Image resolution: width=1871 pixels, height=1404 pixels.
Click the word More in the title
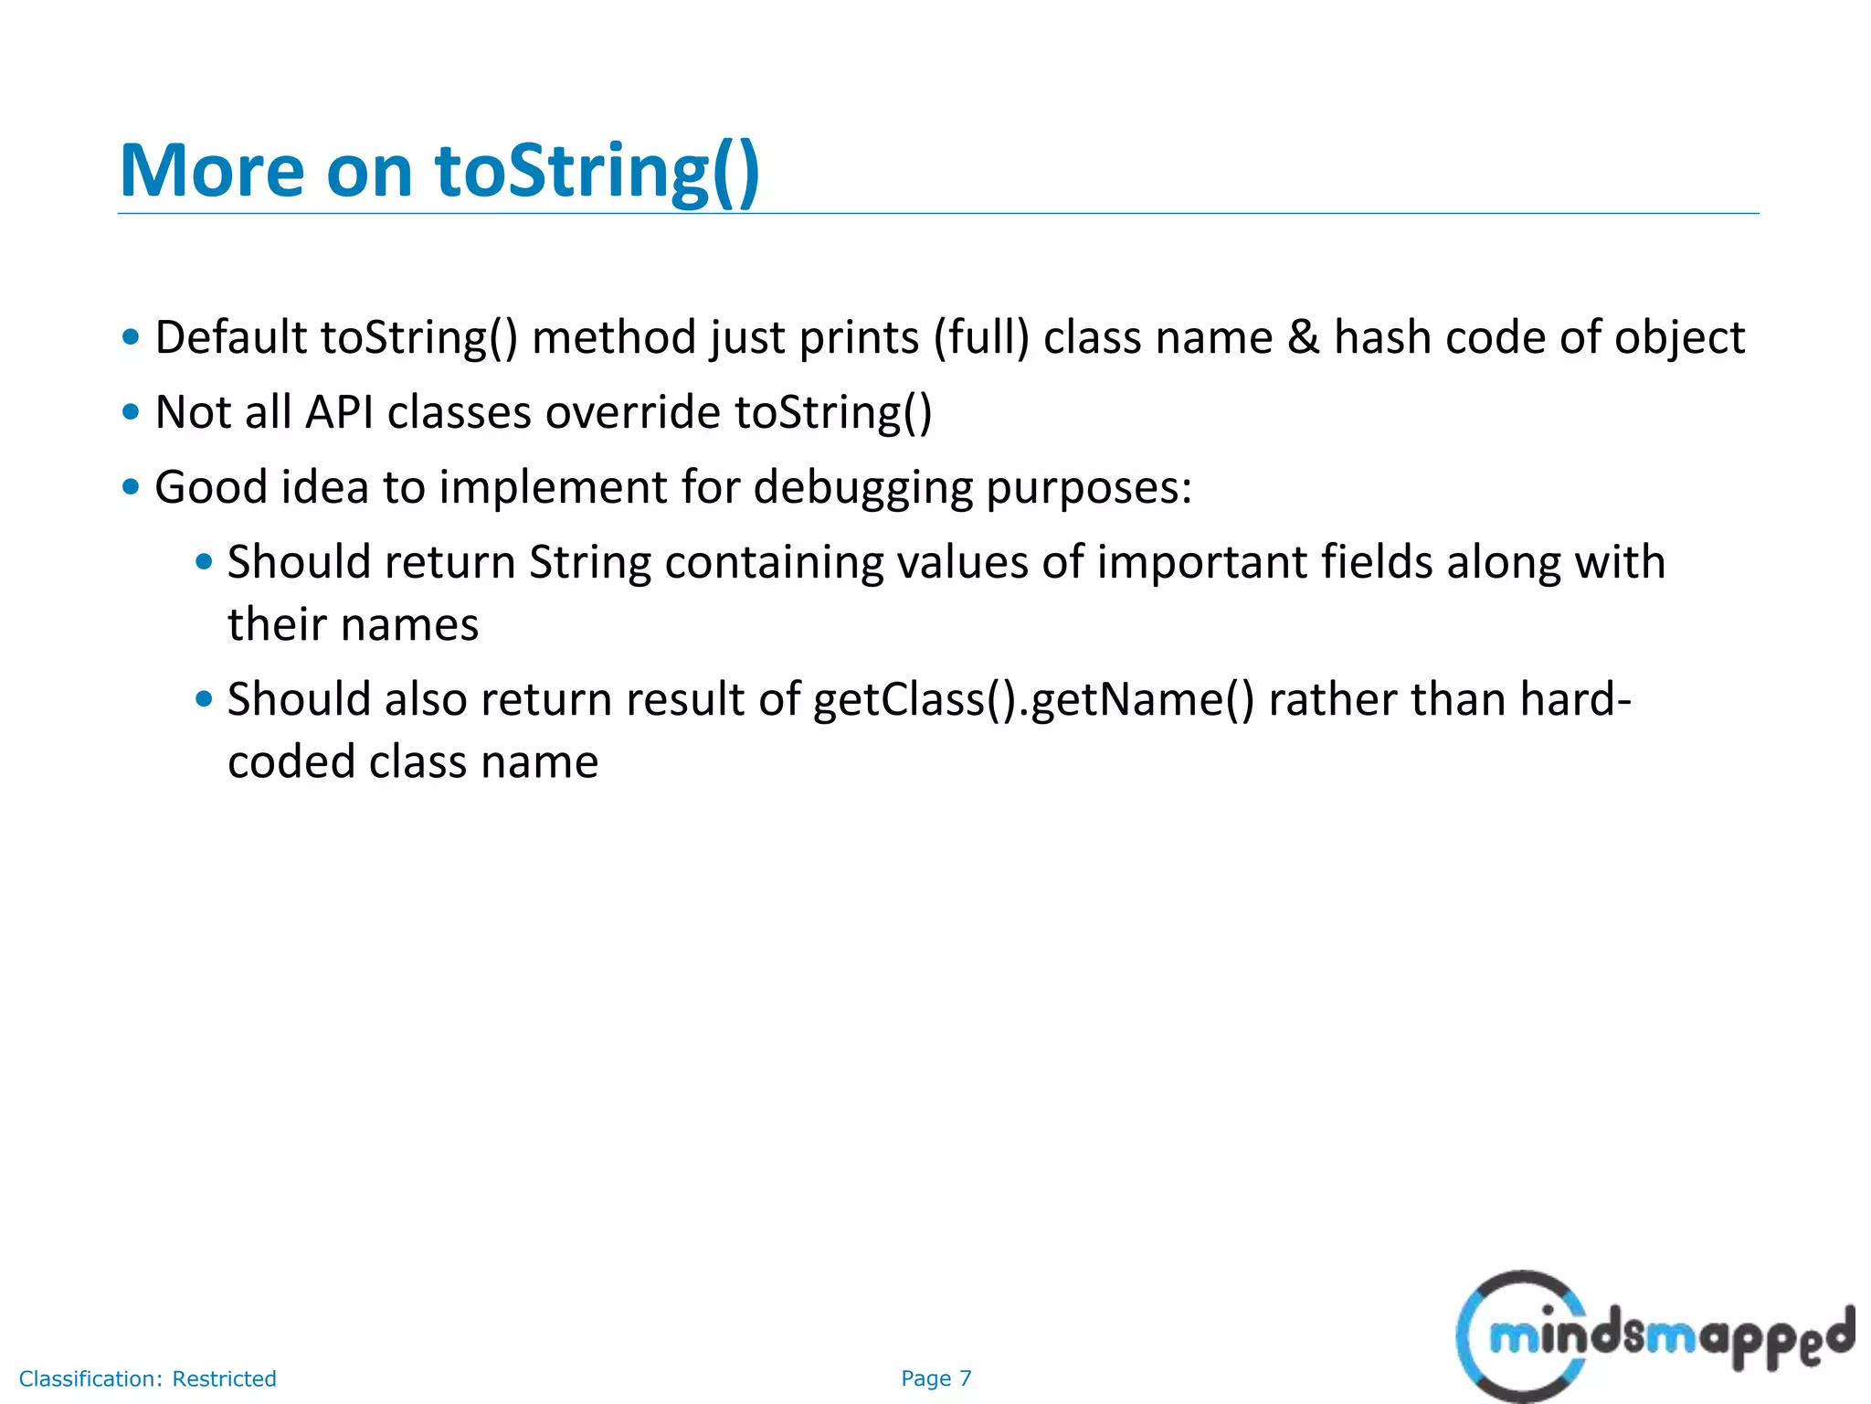[211, 171]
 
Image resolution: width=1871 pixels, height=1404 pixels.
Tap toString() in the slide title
[597, 171]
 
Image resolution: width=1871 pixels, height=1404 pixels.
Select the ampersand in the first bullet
[1303, 337]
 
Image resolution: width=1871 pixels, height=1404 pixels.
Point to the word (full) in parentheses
[981, 337]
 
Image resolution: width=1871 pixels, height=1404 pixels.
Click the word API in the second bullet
[339, 412]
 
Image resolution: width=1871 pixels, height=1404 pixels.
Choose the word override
[633, 412]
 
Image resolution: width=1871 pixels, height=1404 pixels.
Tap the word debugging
[862, 487]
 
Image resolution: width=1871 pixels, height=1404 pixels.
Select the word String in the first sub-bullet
[590, 562]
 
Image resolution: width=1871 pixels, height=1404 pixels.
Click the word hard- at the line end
[1575, 700]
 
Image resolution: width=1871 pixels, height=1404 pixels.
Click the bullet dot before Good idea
[131, 487]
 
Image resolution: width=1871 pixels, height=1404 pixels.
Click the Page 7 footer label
[935, 1378]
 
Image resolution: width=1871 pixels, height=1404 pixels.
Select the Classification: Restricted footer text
[147, 1378]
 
